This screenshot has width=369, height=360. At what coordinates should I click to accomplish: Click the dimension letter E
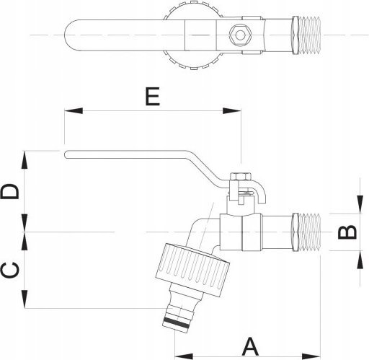(x=153, y=97)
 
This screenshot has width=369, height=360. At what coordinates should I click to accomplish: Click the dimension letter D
(x=9, y=191)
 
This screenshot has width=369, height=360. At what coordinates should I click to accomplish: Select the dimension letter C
(x=9, y=270)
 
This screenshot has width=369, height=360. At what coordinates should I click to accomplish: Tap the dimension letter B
(x=347, y=232)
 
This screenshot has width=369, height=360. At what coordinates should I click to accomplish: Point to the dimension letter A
(x=250, y=346)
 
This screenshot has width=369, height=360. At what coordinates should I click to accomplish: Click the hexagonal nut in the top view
(x=240, y=35)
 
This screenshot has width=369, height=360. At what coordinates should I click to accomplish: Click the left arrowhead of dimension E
(x=74, y=111)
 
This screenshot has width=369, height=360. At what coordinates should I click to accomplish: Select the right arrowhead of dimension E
(x=231, y=111)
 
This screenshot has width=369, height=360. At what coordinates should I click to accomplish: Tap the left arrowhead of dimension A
(x=184, y=356)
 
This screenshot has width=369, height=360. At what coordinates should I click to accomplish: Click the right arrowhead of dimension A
(x=311, y=356)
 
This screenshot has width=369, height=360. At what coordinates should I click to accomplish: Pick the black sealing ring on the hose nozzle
(x=175, y=322)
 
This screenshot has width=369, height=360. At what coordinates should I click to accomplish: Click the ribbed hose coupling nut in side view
(x=192, y=270)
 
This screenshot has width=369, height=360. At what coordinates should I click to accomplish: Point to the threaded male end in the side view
(x=307, y=232)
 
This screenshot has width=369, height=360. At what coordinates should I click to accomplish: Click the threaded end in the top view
(x=307, y=35)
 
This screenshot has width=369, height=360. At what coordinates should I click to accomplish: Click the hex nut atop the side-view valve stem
(x=241, y=177)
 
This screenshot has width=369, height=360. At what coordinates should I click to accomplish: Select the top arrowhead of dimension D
(x=25, y=159)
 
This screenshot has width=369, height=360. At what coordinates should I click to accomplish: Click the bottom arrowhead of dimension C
(x=25, y=299)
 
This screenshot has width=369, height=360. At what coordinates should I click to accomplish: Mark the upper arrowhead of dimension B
(x=360, y=205)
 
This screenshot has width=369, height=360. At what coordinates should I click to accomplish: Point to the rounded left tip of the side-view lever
(x=66, y=154)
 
